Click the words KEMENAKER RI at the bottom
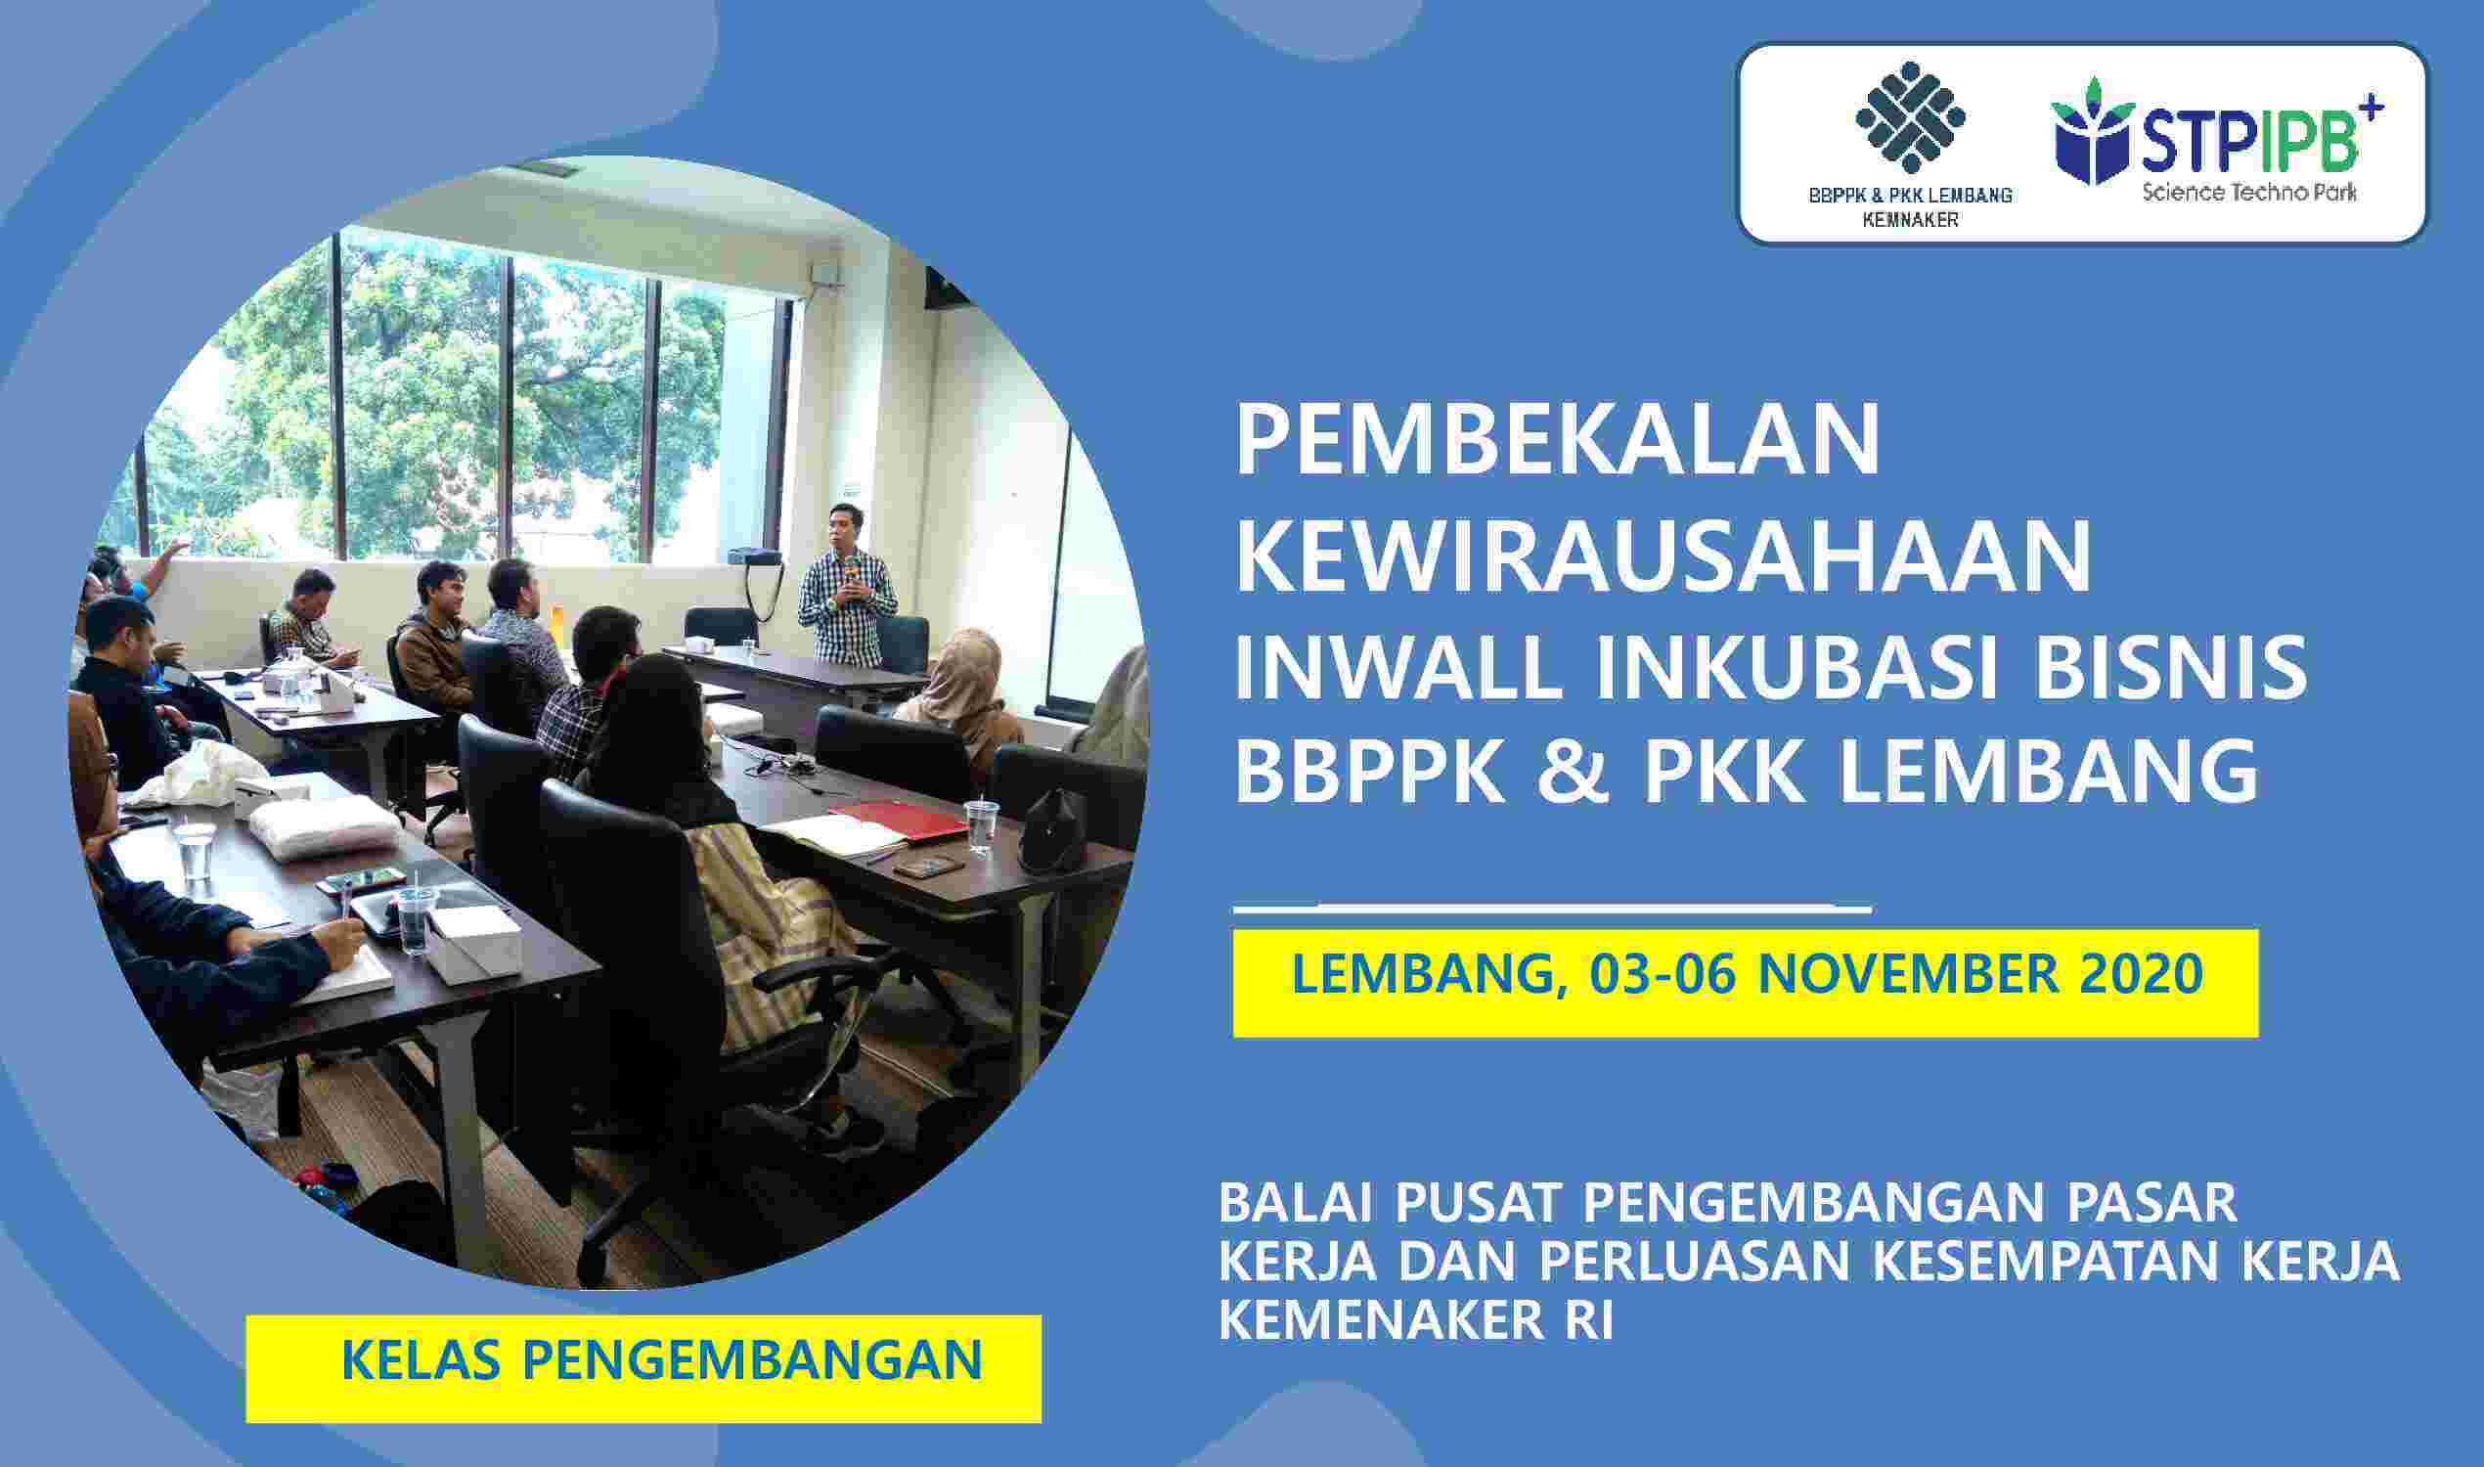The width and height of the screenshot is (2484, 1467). (1415, 1321)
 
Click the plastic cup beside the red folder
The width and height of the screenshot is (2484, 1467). (981, 825)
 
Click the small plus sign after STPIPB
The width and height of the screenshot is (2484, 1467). (2372, 106)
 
